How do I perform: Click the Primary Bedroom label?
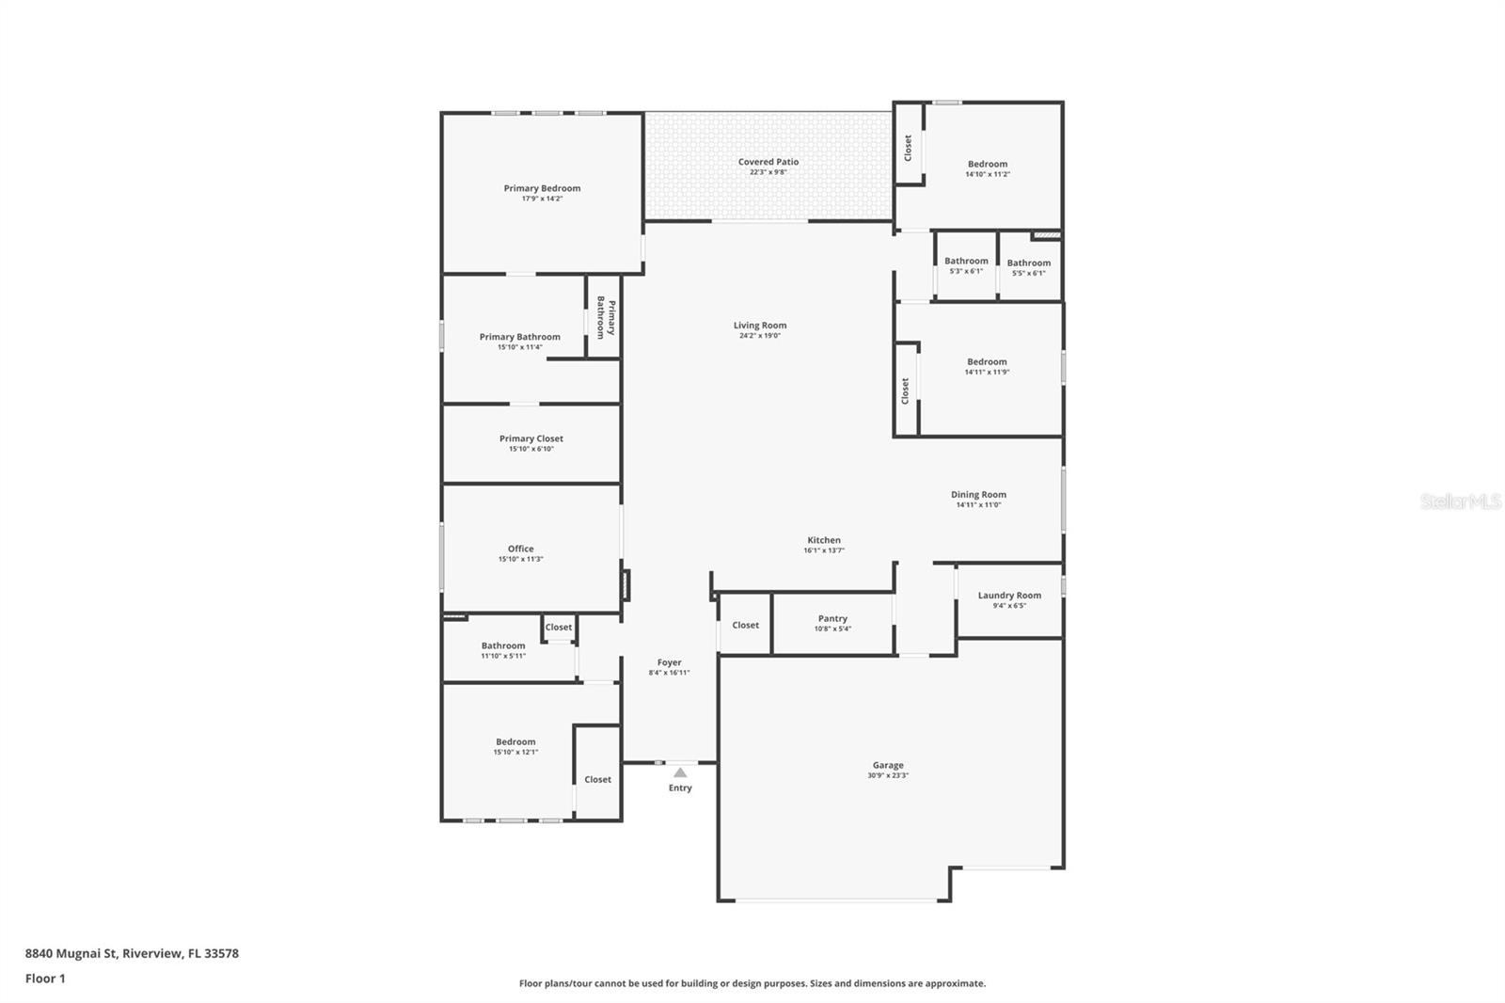tap(542, 188)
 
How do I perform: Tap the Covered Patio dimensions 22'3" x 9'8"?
tap(768, 172)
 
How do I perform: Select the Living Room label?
tap(760, 326)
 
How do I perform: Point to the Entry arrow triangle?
tap(680, 772)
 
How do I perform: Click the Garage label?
tap(888, 765)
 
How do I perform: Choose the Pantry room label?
tap(832, 618)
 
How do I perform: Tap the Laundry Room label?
tap(1009, 595)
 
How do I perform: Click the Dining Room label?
tap(978, 494)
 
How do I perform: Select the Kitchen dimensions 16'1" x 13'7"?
tap(823, 550)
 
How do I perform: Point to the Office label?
tap(520, 549)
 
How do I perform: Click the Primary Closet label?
tap(531, 438)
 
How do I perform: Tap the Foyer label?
tap(669, 662)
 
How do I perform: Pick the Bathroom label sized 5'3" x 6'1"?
tap(966, 261)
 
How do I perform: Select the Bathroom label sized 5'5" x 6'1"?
tap(1028, 263)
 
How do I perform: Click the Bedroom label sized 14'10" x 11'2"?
tap(987, 164)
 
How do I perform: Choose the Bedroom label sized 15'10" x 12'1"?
tap(515, 741)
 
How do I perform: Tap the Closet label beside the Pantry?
tap(745, 625)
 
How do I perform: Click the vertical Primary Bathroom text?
tap(606, 318)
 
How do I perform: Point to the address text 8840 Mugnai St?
tap(132, 953)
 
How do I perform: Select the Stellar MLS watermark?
tap(1460, 501)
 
